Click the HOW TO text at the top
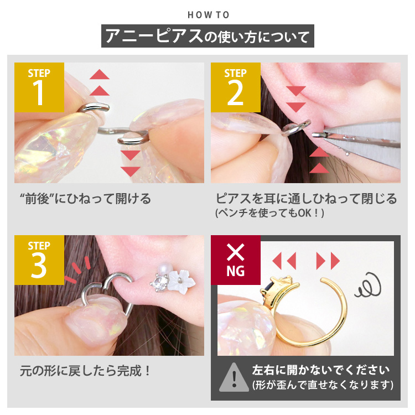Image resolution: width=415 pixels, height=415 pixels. click(208, 15)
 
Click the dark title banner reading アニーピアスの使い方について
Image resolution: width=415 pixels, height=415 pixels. click(208, 37)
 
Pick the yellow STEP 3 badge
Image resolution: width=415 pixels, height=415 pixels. click(39, 260)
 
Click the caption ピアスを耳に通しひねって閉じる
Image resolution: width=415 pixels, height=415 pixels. click(305, 199)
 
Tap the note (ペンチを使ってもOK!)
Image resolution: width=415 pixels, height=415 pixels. click(269, 212)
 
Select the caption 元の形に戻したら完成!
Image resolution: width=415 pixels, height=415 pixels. click(85, 370)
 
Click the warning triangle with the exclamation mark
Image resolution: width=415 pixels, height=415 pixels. click(234, 377)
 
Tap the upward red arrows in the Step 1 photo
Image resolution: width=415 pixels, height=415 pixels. click(99, 83)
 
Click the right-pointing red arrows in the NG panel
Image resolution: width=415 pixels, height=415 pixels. click(328, 260)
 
